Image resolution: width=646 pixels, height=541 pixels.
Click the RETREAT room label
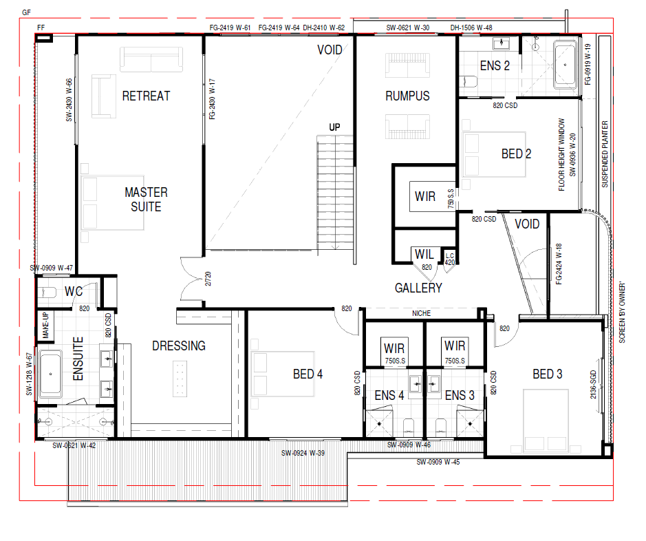[x=146, y=96]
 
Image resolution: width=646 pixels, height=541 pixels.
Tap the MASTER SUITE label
[x=146, y=200]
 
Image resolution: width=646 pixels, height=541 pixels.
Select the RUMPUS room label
[x=407, y=96]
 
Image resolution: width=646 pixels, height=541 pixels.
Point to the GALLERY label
[x=418, y=288]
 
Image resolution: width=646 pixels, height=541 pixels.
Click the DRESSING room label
[x=179, y=346]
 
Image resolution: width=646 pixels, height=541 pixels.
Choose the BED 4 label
[x=308, y=374]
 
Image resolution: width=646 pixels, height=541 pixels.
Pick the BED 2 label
[x=516, y=154]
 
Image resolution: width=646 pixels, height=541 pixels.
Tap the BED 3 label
[x=548, y=374]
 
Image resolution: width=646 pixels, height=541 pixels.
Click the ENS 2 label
[x=495, y=66]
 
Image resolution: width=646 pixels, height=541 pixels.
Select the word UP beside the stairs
[x=334, y=127]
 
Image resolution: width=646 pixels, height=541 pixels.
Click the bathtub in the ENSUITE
[x=50, y=374]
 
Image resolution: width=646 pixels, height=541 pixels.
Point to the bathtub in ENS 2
[x=565, y=64]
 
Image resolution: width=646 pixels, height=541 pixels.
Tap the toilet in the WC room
[x=46, y=293]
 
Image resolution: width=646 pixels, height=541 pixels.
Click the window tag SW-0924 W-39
[x=303, y=453]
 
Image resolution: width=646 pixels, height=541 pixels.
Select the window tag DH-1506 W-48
[x=471, y=28]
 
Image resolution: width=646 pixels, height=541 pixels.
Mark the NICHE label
[x=422, y=314]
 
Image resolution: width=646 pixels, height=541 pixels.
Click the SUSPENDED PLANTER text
[x=605, y=154]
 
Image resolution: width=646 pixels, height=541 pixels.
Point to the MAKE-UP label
[x=45, y=326]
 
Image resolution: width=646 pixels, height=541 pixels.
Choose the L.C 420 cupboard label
[x=449, y=259]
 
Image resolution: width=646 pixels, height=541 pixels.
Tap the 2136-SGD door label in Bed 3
[x=593, y=385]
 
